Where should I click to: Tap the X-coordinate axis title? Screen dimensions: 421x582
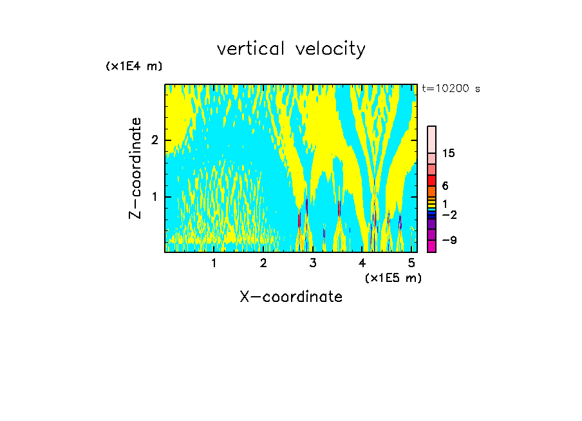tap(291, 297)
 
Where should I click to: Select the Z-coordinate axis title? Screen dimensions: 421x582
tap(135, 168)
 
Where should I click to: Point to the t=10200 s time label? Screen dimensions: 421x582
tap(451, 89)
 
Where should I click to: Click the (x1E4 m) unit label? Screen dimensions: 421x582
tap(134, 66)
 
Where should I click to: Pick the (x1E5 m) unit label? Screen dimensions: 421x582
tap(393, 277)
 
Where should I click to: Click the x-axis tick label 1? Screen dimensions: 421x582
tap(214, 263)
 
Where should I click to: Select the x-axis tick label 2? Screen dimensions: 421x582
tap(263, 263)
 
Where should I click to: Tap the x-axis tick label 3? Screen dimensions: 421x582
tap(313, 263)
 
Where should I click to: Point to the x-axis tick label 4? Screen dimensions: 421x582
tap(362, 263)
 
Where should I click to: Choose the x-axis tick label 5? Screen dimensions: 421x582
tap(412, 263)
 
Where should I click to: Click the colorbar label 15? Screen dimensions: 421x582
tap(449, 153)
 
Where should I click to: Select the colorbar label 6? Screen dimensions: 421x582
tap(445, 185)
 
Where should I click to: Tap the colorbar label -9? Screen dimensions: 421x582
tap(449, 240)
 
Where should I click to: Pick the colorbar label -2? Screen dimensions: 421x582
tap(449, 214)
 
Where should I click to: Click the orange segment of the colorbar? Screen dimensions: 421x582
tap(432, 191)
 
